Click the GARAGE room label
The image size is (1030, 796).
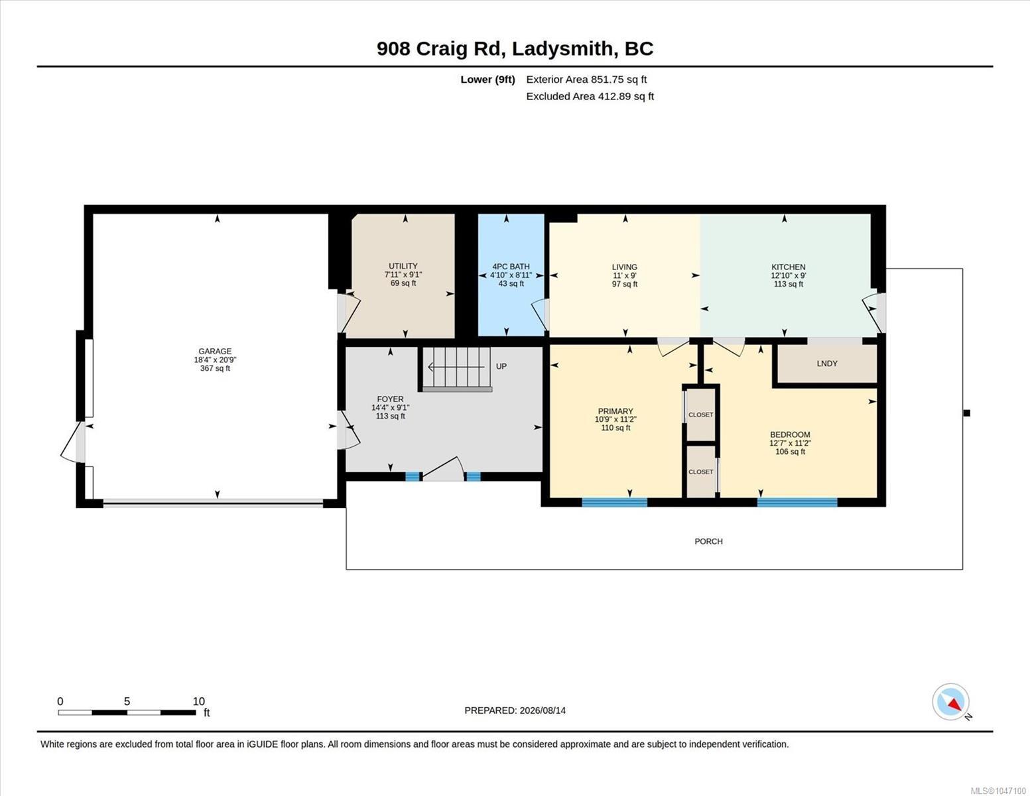[215, 352]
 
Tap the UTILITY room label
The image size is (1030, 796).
[403, 267]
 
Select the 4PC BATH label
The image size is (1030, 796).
[511, 267]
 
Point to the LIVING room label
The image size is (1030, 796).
[624, 267]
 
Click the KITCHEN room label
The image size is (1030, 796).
[789, 267]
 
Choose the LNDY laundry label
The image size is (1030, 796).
[827, 364]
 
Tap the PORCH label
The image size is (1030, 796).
[708, 541]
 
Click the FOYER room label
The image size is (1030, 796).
[390, 399]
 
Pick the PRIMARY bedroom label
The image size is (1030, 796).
[615, 411]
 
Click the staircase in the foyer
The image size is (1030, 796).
[456, 369]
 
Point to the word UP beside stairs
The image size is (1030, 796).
[501, 366]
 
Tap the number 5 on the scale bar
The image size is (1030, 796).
[127, 701]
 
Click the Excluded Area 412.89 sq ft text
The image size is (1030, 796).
[590, 96]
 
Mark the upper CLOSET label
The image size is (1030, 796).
[700, 415]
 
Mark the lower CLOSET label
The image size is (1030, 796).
[700, 472]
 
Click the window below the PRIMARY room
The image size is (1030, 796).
[614, 502]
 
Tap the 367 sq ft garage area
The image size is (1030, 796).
[215, 368]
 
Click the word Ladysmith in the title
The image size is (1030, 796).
[562, 49]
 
